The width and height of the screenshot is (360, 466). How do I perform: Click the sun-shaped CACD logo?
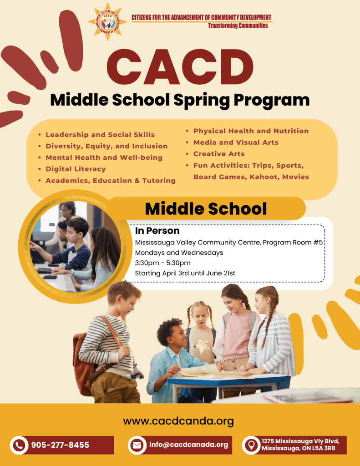(107, 21)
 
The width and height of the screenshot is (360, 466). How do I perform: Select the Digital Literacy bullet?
(76, 169)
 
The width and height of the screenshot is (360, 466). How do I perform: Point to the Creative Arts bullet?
(219, 154)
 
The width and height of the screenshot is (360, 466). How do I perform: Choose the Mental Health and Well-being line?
(104, 157)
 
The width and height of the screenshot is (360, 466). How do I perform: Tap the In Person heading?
(157, 231)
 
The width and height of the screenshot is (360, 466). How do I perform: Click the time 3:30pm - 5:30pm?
(163, 263)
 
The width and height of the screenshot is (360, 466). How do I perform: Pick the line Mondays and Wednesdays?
(179, 253)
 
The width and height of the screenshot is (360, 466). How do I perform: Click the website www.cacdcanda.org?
(178, 421)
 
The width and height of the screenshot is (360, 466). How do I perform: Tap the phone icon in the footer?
(19, 445)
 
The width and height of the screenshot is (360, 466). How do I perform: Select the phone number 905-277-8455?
(60, 445)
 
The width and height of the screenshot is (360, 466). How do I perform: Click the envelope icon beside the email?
(137, 445)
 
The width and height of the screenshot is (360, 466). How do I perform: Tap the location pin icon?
(251, 445)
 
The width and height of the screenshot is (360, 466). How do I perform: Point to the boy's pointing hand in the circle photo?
(33, 244)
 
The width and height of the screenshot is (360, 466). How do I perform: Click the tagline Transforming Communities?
(238, 25)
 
